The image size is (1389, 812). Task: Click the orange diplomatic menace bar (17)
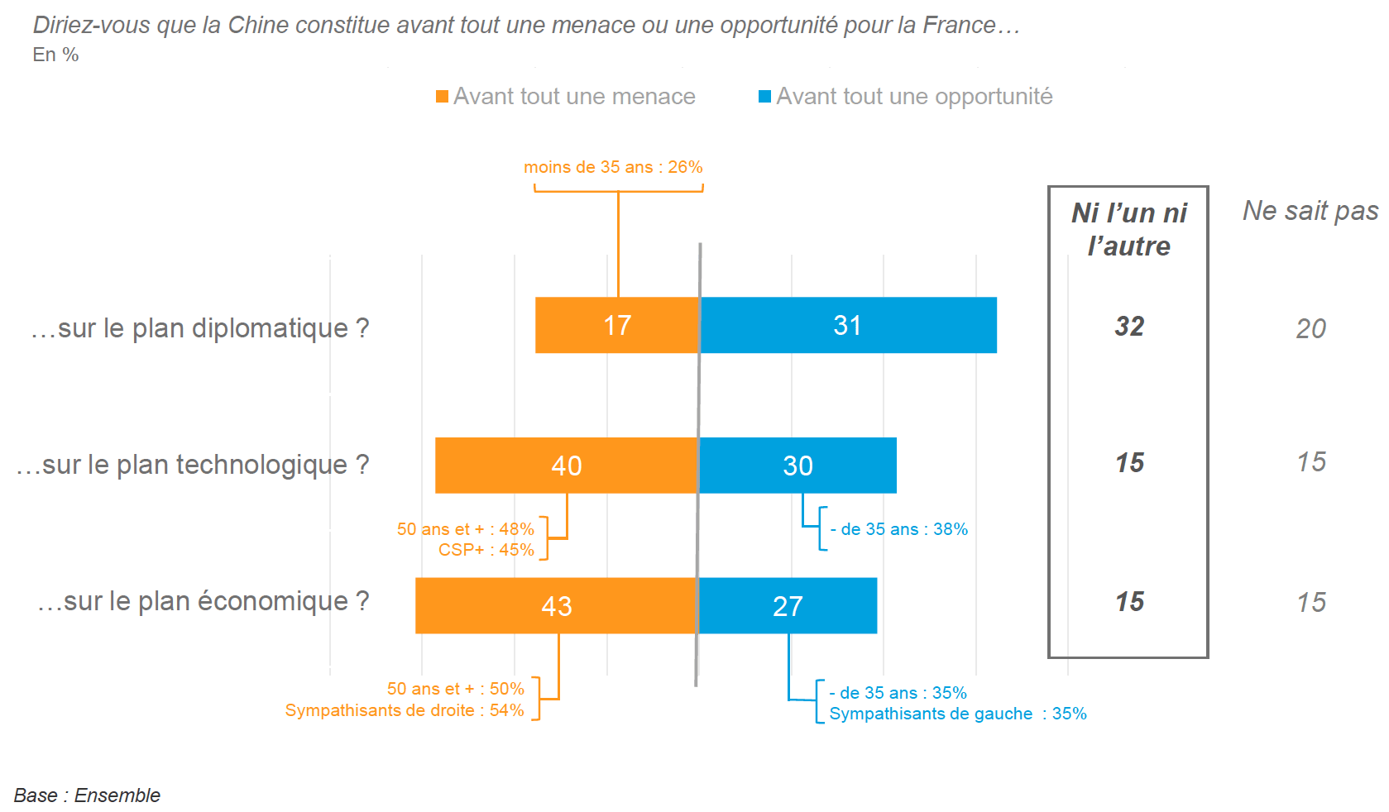tap(617, 325)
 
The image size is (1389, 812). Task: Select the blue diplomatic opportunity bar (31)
tap(848, 325)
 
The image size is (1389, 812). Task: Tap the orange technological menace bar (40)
tap(567, 466)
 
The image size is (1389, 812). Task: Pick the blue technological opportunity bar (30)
tap(797, 466)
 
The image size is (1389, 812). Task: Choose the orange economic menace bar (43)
tap(556, 606)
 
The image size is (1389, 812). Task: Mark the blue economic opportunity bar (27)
tap(788, 606)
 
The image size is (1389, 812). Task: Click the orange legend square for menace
tap(443, 97)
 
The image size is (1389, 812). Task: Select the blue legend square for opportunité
tap(765, 97)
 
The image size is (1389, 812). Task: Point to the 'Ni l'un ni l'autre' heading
tap(1128, 229)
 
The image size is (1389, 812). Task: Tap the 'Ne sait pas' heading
tap(1310, 211)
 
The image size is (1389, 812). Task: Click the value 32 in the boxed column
tap(1129, 327)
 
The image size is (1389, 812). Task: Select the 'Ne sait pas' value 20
tap(1310, 329)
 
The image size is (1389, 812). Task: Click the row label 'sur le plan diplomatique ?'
tap(200, 328)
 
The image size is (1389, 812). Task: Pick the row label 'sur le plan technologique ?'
tap(193, 465)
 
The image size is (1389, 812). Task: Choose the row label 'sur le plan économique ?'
tap(204, 601)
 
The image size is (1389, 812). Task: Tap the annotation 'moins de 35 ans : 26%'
tap(613, 167)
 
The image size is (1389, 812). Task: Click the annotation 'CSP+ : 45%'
tap(486, 550)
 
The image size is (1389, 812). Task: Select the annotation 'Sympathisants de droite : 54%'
tap(405, 710)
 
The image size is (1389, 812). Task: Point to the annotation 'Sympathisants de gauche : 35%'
tap(958, 714)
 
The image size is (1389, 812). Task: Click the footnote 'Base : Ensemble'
tap(87, 795)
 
